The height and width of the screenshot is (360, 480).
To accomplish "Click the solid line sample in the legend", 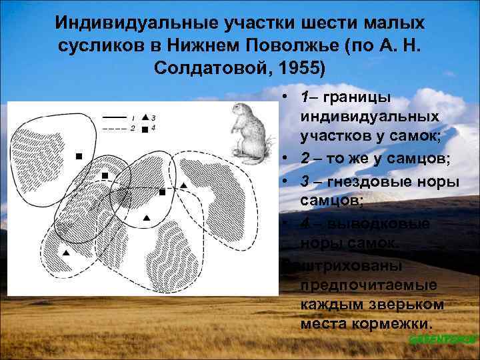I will (x=114, y=117).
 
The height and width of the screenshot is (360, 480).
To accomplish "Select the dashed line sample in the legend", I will (x=114, y=127).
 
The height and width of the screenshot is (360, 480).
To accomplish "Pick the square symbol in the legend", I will (x=145, y=129).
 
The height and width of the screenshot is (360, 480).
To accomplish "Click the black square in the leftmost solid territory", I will (x=79, y=156).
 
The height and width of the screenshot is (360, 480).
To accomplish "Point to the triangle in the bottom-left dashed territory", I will (x=65, y=253).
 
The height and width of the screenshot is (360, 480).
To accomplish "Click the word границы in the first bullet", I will (x=359, y=97).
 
